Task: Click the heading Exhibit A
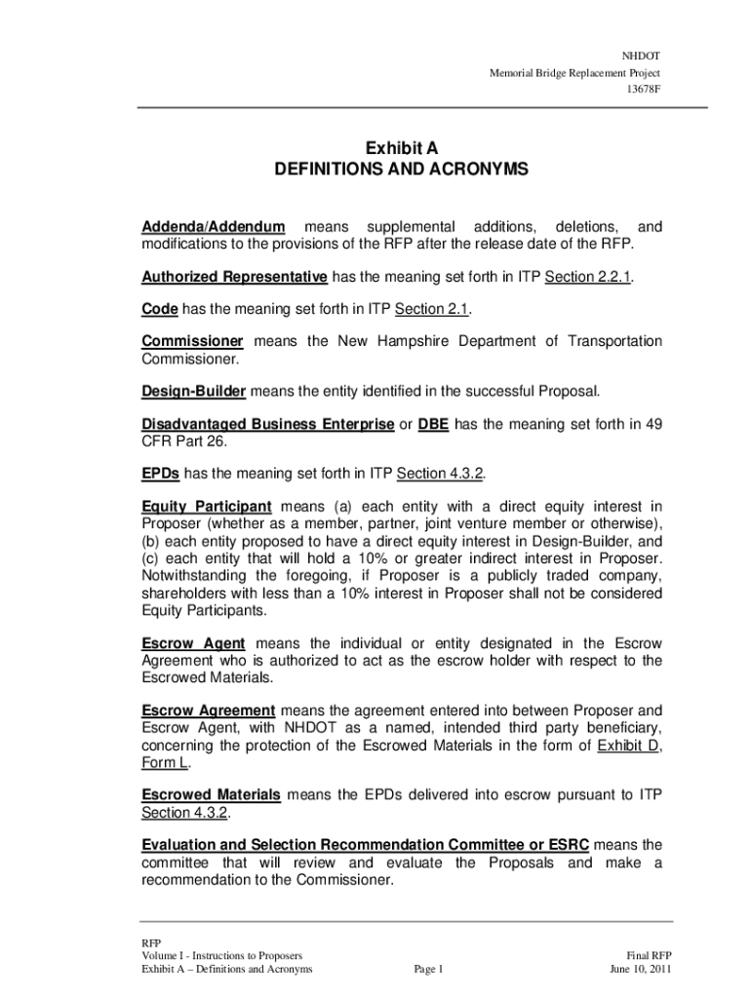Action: point(402,148)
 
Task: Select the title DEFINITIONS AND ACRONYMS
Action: point(401,170)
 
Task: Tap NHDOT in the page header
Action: point(642,57)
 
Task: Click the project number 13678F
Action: point(644,92)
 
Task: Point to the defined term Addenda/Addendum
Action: point(214,227)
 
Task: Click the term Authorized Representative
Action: point(234,277)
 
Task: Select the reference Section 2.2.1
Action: point(588,277)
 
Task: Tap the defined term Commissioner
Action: point(192,341)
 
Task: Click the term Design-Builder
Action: point(193,392)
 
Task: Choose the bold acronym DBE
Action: point(434,424)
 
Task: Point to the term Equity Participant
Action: point(206,506)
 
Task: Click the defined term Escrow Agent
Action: point(193,643)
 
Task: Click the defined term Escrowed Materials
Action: point(211,795)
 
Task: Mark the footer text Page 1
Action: point(429,969)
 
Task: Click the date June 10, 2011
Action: point(641,969)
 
